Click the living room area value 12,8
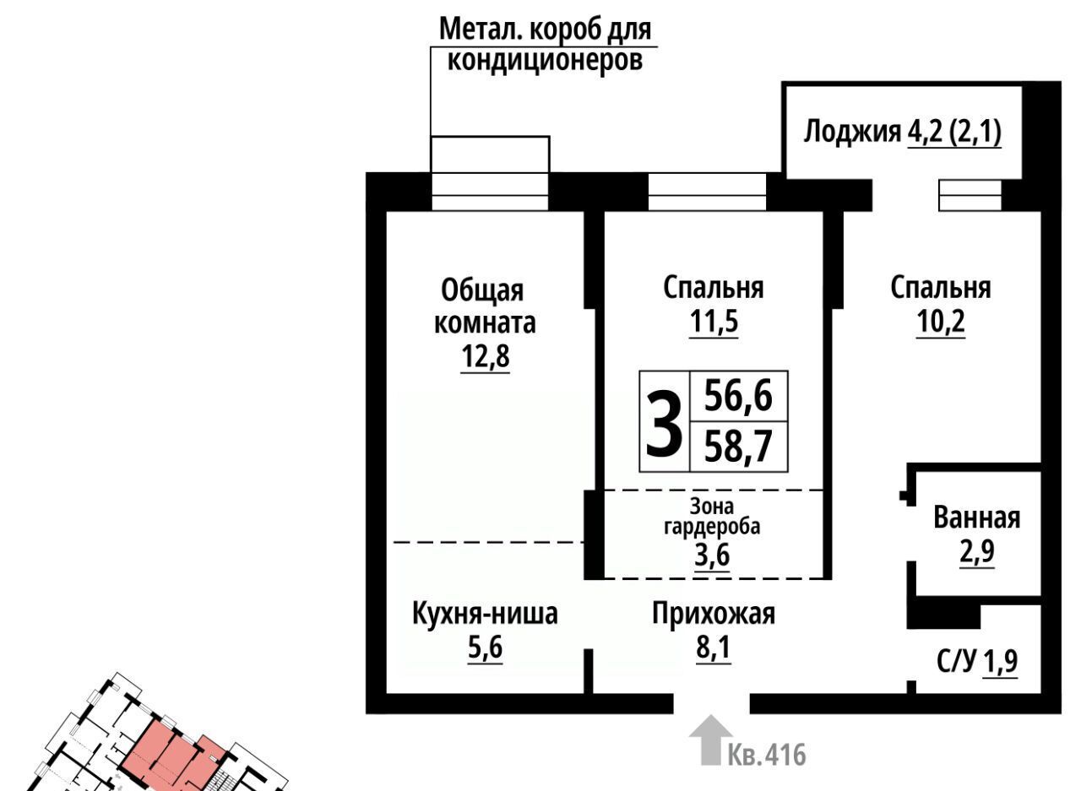[x=486, y=356]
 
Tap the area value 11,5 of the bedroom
[x=714, y=322]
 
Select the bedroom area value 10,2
[x=941, y=322]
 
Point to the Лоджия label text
[x=852, y=131]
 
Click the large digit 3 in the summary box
[x=665, y=424]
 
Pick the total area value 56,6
[x=738, y=396]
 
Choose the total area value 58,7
[x=738, y=447]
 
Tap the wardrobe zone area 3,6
[x=712, y=555]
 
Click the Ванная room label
[x=977, y=518]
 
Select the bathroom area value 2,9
[x=977, y=551]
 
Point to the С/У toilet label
[x=957, y=662]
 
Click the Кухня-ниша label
[x=485, y=615]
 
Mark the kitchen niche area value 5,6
[x=486, y=647]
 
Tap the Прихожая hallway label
[x=714, y=615]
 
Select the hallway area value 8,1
[x=714, y=647]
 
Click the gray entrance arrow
[x=711, y=740]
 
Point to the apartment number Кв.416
[x=767, y=755]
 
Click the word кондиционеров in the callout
[x=546, y=61]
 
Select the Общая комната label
[x=485, y=306]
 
